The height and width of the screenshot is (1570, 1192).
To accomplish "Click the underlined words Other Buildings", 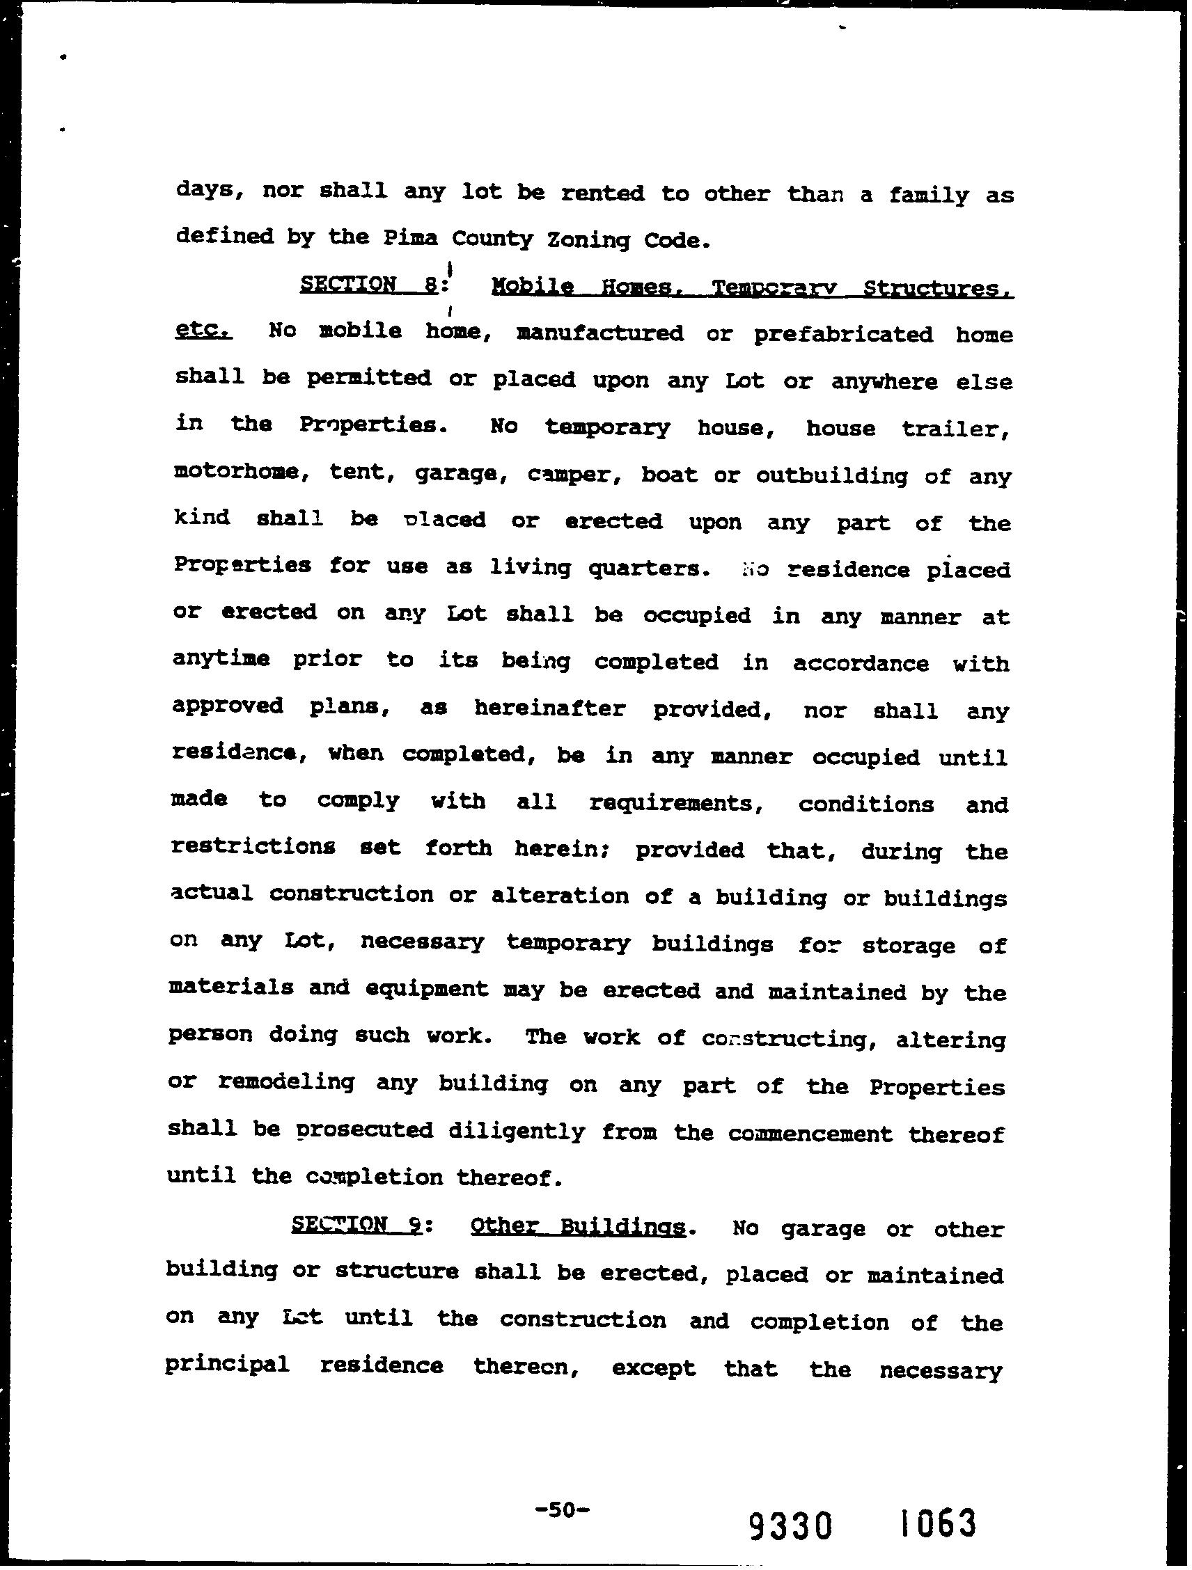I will [x=578, y=1228].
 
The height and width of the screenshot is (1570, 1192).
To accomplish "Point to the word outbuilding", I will [x=831, y=475].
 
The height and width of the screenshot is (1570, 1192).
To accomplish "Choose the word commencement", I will [x=810, y=1133].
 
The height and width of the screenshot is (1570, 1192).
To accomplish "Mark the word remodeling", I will [x=286, y=1084].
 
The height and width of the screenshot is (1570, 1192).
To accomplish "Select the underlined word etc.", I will [x=203, y=331].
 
